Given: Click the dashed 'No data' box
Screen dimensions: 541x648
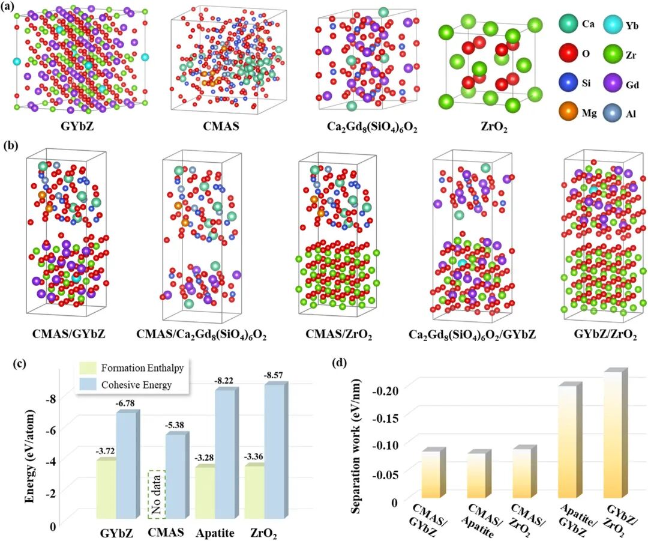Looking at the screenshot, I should (157, 494).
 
